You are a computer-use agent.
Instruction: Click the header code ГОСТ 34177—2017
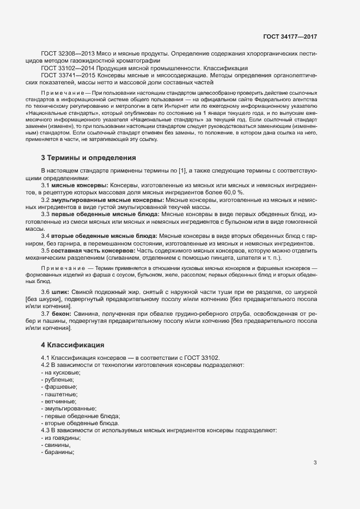click(x=290, y=37)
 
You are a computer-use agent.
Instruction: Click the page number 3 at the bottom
click(x=315, y=463)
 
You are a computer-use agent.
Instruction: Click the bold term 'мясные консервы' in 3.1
click(x=78, y=201)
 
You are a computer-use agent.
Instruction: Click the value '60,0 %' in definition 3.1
click(x=233, y=208)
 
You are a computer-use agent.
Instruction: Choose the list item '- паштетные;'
click(x=59, y=394)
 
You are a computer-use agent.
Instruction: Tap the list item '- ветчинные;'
click(x=60, y=401)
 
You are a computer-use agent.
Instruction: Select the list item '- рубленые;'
click(x=59, y=379)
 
